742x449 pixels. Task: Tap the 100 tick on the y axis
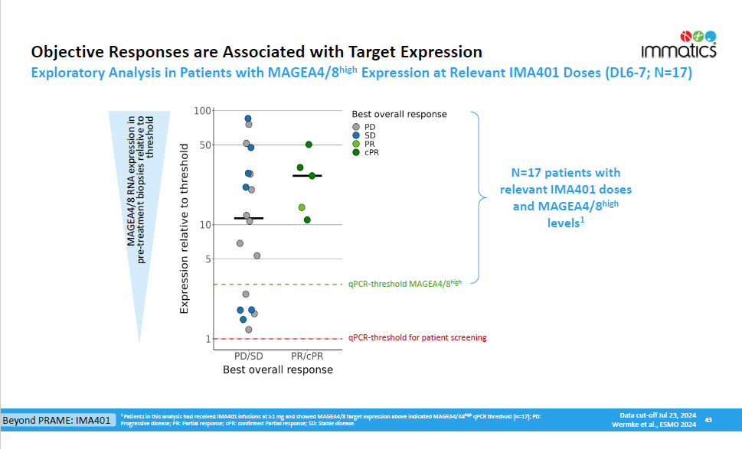click(202, 111)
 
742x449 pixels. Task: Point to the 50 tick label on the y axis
click(204, 145)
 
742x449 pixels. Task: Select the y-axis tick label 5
click(207, 259)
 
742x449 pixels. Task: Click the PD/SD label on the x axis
click(249, 356)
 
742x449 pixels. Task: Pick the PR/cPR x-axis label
click(308, 356)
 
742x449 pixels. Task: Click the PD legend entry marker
click(356, 126)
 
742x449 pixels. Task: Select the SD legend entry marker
click(356, 135)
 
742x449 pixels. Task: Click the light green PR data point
click(302, 208)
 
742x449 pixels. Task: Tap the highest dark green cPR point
click(309, 145)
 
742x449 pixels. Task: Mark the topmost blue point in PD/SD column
click(248, 119)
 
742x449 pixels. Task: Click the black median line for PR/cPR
click(308, 176)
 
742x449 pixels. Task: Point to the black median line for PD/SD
click(249, 219)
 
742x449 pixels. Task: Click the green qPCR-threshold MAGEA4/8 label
click(405, 284)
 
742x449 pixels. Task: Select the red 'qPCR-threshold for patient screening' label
click(417, 337)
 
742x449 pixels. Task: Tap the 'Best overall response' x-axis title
click(278, 369)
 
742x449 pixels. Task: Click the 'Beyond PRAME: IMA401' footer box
click(57, 421)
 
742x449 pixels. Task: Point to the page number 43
click(708, 419)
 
